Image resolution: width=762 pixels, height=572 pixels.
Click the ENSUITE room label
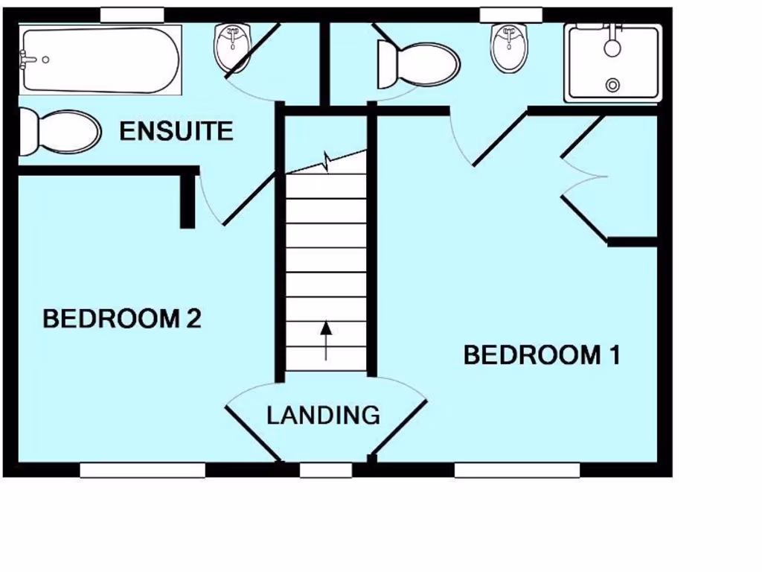(x=176, y=132)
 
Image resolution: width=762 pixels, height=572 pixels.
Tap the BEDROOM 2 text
(x=122, y=319)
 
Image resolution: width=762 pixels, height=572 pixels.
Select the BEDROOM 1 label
(x=542, y=355)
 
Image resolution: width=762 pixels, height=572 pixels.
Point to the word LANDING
(x=323, y=415)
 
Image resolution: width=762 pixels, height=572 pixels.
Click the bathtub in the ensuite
(x=100, y=60)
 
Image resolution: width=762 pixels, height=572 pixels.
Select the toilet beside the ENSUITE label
(x=60, y=132)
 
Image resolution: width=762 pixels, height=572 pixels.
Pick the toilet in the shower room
(x=417, y=63)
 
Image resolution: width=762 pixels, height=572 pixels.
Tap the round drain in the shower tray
(x=612, y=85)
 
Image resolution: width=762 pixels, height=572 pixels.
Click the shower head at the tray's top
(x=612, y=45)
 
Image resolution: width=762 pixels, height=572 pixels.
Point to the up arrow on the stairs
(x=325, y=340)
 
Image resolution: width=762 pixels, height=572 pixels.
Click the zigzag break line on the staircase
(x=327, y=162)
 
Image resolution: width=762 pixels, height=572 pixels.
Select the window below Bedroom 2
(x=142, y=470)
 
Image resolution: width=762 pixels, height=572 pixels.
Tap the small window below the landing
(x=325, y=470)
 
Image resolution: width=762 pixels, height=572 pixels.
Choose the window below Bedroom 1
(x=516, y=470)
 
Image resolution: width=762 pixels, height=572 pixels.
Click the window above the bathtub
(x=132, y=15)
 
